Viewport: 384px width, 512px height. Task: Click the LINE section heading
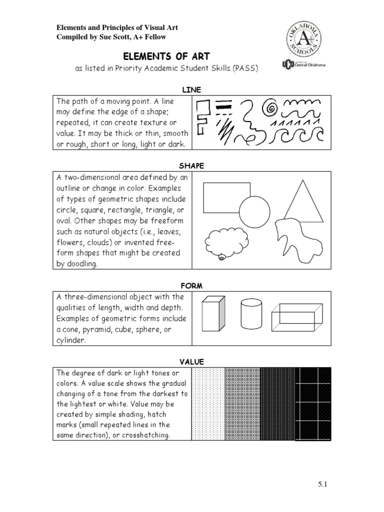pyautogui.click(x=191, y=89)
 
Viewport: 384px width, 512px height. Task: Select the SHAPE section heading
pyautogui.click(x=191, y=165)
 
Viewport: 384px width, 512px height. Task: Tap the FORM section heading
pyautogui.click(x=191, y=285)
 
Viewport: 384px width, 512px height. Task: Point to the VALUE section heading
pyautogui.click(x=191, y=361)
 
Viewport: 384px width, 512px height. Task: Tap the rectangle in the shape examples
pyautogui.click(x=226, y=197)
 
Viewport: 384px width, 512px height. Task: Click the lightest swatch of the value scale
pyautogui.click(x=208, y=403)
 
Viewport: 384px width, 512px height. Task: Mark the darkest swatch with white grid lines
pyautogui.click(x=313, y=403)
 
